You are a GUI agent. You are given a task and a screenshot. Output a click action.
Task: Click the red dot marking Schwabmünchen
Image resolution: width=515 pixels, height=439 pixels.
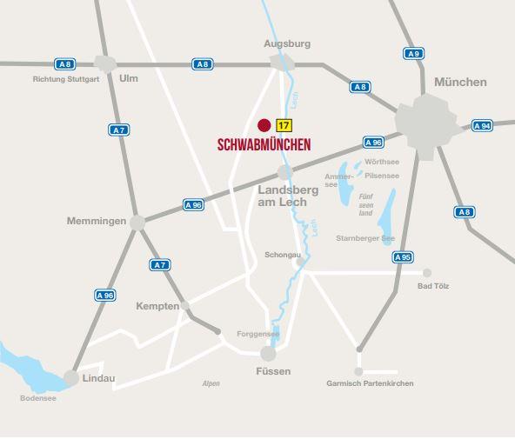pos(264,124)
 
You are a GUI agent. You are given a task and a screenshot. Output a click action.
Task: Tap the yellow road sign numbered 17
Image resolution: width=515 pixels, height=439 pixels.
pos(284,124)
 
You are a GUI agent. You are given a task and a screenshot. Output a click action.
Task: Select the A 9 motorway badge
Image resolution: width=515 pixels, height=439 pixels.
pos(413,54)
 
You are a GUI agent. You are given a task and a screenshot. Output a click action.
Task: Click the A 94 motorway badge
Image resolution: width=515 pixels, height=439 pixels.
pos(482,126)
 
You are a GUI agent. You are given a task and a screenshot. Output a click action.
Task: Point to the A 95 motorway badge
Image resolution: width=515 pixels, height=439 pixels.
pos(402,257)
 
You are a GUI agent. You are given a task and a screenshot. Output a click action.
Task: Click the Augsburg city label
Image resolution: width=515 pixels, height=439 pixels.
pos(287,43)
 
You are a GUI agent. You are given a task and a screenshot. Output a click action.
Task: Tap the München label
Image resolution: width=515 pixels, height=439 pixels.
pos(460,82)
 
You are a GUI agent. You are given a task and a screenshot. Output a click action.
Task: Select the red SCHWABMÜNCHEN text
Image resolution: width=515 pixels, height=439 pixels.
pos(264,144)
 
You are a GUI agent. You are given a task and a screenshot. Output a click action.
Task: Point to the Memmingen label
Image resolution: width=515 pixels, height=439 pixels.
pos(97,221)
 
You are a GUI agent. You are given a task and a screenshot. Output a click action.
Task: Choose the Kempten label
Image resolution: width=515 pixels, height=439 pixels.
pos(157,306)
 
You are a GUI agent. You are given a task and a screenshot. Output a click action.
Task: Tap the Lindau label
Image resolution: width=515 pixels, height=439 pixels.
pos(98,378)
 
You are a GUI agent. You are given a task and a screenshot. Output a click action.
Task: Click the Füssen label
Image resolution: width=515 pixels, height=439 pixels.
pos(273,371)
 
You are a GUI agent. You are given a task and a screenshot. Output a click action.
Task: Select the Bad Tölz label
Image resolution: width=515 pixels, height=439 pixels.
pos(433,285)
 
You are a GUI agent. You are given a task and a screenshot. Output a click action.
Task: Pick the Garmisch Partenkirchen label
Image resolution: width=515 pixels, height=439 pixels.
pos(370,383)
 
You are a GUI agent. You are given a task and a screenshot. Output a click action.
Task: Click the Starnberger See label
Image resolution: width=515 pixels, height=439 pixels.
pos(365,237)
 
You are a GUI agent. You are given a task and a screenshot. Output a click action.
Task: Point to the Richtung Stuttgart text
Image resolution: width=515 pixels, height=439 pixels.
pos(66,78)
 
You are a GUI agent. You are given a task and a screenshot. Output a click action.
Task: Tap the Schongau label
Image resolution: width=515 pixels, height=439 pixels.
pos(283,255)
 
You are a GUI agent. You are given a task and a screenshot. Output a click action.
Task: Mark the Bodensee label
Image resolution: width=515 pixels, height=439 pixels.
pos(38,398)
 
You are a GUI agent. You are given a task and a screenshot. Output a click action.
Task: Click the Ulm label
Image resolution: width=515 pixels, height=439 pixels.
pos(129,78)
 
